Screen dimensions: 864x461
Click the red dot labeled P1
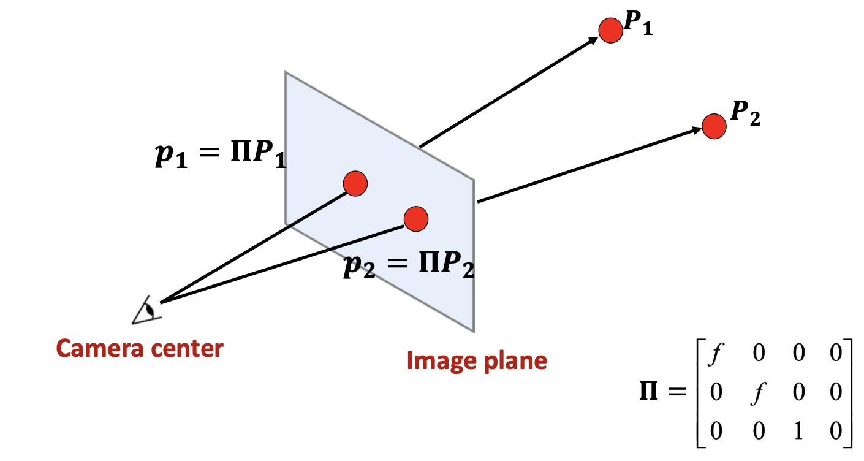click(x=610, y=31)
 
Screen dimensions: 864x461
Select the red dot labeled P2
click(x=714, y=126)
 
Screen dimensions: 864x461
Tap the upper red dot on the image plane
click(x=355, y=184)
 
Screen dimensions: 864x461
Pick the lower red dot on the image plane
click(x=416, y=219)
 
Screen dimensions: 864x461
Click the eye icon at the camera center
click(x=146, y=311)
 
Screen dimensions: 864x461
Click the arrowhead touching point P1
click(x=593, y=40)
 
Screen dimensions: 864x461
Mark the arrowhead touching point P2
click(x=696, y=130)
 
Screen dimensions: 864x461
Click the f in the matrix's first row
click(x=716, y=353)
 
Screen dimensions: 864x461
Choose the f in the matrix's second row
click(x=759, y=393)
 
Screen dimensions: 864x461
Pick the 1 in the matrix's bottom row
click(x=798, y=430)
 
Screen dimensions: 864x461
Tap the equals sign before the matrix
click(x=677, y=392)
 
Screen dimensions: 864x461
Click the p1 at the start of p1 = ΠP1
click(x=171, y=155)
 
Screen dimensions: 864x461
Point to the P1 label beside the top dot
click(x=638, y=23)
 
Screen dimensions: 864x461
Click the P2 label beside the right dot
click(x=745, y=113)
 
